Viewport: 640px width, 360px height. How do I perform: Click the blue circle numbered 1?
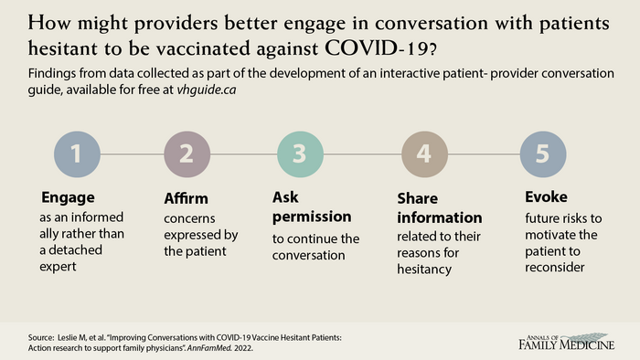point(78,154)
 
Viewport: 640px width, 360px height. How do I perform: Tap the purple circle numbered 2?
point(187,154)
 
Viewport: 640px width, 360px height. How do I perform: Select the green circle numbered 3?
point(299,154)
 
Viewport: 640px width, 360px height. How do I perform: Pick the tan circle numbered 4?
point(424,154)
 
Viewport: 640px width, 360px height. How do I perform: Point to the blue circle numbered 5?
point(542,154)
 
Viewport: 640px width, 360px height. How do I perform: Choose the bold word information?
point(440,218)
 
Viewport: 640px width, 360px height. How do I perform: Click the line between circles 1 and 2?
point(133,154)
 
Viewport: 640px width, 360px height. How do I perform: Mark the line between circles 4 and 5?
point(483,154)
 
